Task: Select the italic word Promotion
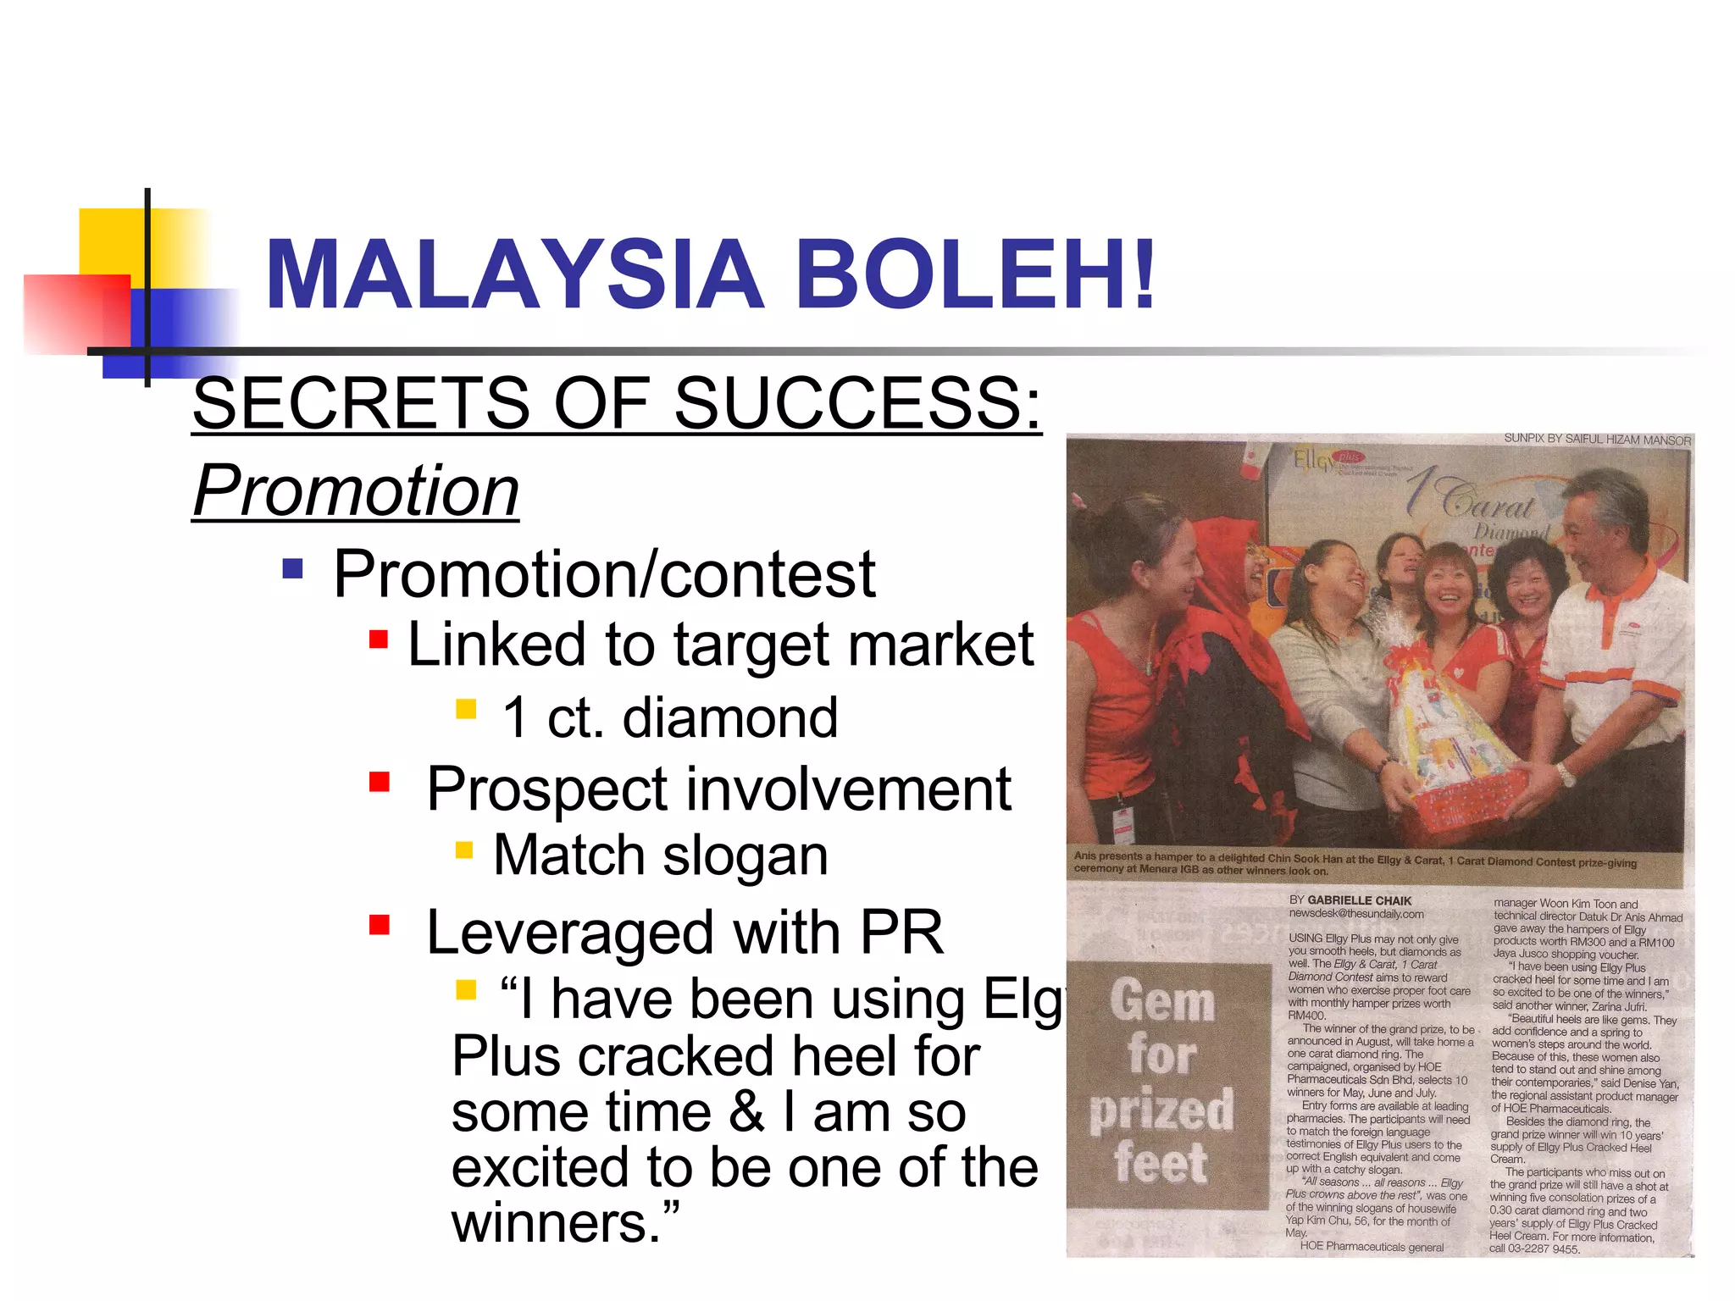coord(356,491)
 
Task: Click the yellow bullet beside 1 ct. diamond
coord(466,708)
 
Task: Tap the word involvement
coord(848,789)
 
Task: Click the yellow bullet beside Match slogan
coord(464,850)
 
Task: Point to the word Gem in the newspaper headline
coord(1162,1001)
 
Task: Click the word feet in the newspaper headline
coord(1161,1162)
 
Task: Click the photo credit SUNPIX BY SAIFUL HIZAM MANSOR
coord(1597,440)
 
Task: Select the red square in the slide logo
coord(76,313)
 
